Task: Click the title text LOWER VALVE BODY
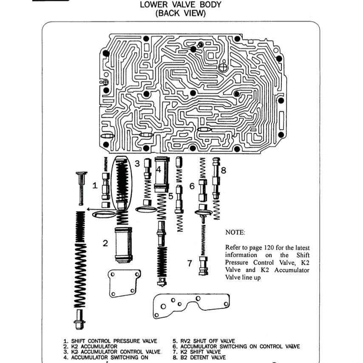180,5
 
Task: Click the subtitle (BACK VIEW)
180,13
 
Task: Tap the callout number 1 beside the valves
95,186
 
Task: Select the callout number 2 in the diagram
105,243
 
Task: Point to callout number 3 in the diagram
137,163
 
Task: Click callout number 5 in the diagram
170,196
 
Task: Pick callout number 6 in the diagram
192,186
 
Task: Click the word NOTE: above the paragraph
235,233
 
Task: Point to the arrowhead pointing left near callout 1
88,209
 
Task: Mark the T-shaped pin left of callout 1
81,187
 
